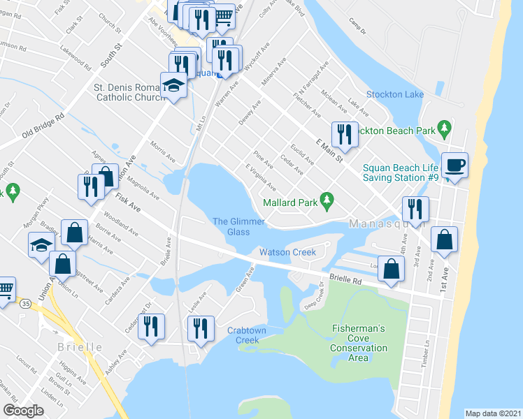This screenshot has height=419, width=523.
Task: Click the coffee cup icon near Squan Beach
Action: pyautogui.click(x=454, y=166)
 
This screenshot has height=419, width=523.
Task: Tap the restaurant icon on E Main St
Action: pyautogui.click(x=344, y=132)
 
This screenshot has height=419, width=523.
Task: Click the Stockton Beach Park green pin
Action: pyautogui.click(x=443, y=129)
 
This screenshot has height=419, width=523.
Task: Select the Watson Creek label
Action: pyautogui.click(x=287, y=252)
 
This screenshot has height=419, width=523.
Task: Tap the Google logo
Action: pyautogui.click(x=23, y=410)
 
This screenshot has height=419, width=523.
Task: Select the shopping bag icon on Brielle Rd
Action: pyautogui.click(x=393, y=269)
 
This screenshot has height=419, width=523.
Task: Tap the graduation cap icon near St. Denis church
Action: pyautogui.click(x=173, y=86)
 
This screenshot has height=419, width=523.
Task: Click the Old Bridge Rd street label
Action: pyautogui.click(x=43, y=124)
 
